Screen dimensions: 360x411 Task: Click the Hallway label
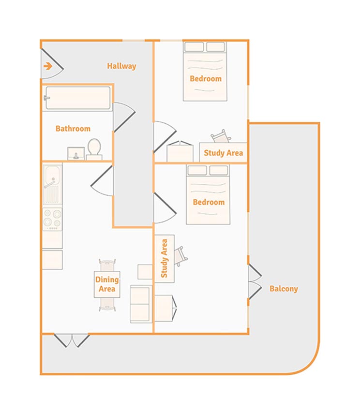click(x=121, y=66)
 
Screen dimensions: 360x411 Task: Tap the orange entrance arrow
click(x=48, y=66)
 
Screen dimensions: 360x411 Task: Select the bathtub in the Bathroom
click(x=78, y=98)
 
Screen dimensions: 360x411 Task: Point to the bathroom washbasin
click(x=76, y=153)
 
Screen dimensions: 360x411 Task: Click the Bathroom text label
click(x=73, y=129)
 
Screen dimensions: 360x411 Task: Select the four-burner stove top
click(x=52, y=220)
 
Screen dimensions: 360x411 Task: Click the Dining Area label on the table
click(x=107, y=284)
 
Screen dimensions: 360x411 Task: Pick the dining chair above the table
click(x=107, y=265)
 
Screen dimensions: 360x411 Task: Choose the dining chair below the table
click(x=107, y=304)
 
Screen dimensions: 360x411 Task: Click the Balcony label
click(x=284, y=289)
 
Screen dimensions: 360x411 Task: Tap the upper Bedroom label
click(x=206, y=79)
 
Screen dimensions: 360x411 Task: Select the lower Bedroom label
click(x=209, y=202)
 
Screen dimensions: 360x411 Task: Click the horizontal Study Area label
click(x=223, y=153)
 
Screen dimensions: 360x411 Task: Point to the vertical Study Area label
click(x=164, y=259)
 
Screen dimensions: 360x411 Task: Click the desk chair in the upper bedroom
click(x=221, y=136)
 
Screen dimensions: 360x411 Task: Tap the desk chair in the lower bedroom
click(x=181, y=256)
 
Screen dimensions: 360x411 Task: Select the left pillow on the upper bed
click(x=194, y=47)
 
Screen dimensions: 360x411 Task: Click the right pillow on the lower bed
click(x=219, y=170)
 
